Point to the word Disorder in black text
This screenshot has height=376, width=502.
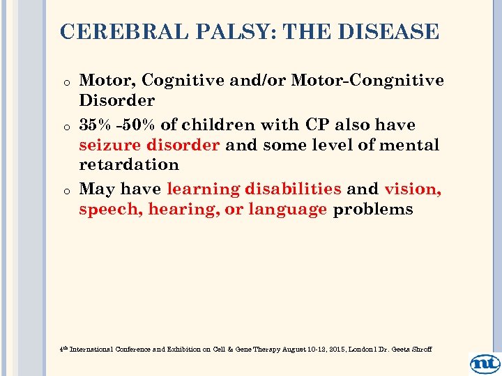[116, 100]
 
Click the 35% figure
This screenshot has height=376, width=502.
[96, 125]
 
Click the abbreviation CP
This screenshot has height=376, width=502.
[312, 125]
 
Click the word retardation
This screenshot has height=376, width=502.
[129, 164]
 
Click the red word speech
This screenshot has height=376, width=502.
[111, 209]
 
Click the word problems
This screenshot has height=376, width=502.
[373, 209]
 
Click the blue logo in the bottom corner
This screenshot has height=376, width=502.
[485, 363]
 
